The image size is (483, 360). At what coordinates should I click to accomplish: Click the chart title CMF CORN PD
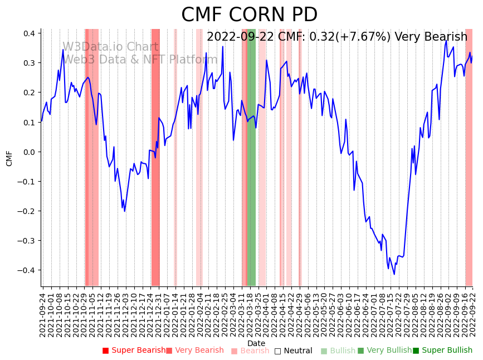tap(249, 15)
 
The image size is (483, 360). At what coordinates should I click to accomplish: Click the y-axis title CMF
tap(9, 158)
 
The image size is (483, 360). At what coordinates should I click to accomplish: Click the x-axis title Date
tap(256, 343)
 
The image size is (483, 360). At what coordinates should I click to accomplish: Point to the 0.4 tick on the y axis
tap(29, 33)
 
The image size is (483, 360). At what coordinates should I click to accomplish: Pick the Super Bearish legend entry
tap(134, 351)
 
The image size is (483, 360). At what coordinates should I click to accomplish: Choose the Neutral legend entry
tap(293, 351)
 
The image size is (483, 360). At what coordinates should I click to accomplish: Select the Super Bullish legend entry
tap(442, 351)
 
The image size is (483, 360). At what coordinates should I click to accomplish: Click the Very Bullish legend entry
tap(384, 351)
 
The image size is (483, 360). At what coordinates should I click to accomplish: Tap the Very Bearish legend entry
tap(194, 351)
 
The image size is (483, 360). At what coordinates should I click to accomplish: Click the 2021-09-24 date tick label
tap(43, 315)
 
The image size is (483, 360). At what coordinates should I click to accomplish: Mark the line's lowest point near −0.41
tap(394, 274)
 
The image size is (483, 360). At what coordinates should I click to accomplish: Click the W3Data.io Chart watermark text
tap(110, 47)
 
